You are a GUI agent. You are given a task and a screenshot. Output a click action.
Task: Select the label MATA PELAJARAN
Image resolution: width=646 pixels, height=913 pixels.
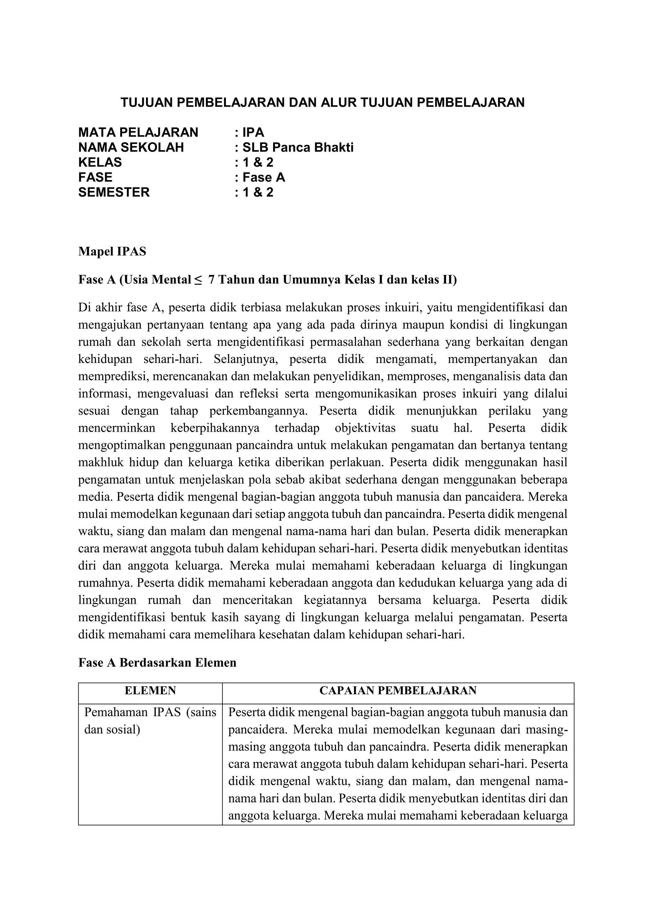click(x=138, y=132)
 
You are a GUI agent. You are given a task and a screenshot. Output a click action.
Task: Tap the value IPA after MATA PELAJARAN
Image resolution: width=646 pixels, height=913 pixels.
click(x=253, y=132)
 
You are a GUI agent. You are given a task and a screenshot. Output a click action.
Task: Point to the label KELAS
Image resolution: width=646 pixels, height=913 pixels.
click(x=100, y=162)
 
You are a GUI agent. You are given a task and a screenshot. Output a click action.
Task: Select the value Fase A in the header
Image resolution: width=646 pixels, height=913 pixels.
click(x=263, y=177)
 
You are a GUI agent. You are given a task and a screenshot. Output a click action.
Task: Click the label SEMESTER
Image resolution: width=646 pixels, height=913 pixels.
click(x=114, y=192)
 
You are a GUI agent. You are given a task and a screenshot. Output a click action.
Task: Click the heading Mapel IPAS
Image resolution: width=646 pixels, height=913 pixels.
click(x=112, y=252)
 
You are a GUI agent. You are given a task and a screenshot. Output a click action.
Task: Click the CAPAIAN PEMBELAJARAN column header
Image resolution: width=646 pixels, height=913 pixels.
click(x=397, y=690)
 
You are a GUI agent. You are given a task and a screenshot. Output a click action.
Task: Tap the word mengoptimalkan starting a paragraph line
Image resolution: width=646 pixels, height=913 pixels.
click(x=121, y=445)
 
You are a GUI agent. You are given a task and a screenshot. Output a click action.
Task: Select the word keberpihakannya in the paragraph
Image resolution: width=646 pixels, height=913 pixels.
click(x=215, y=428)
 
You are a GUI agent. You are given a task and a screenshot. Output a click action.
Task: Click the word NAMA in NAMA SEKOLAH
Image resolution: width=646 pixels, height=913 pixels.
click(x=97, y=148)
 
